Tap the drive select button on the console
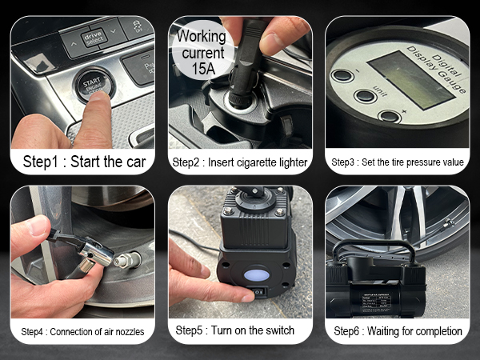coord(94,38)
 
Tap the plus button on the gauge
coord(390,116)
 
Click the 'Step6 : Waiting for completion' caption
coord(398,330)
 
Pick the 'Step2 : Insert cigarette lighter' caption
coord(240,162)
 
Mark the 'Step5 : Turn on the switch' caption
coord(240,330)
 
